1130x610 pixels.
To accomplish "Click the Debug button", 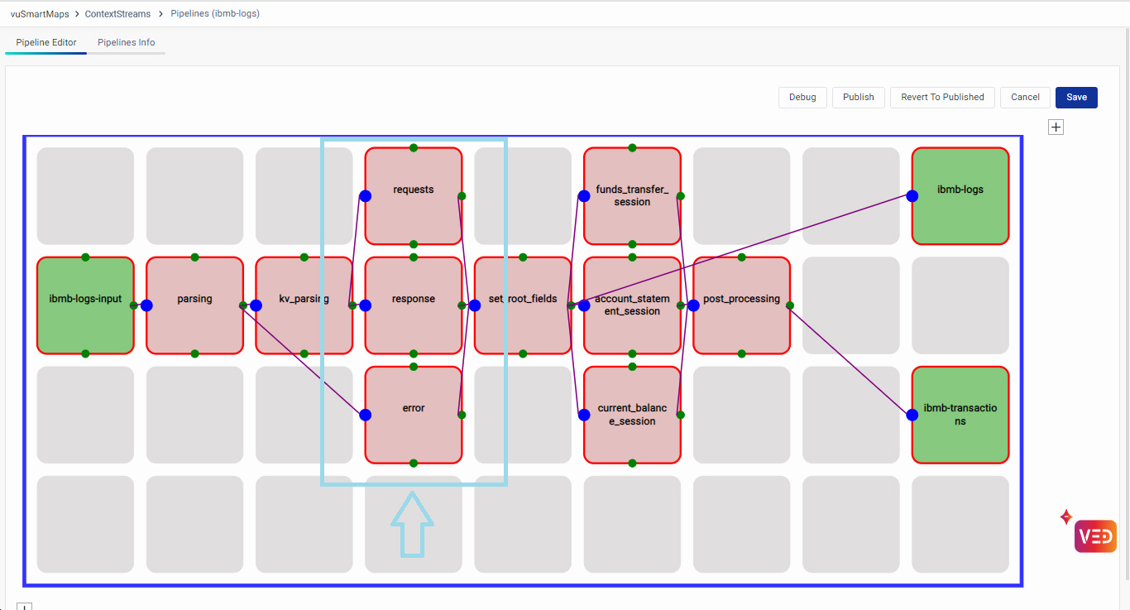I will [x=802, y=98].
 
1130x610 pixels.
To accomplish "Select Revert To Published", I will [x=942, y=98].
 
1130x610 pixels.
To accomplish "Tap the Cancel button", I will [x=1025, y=98].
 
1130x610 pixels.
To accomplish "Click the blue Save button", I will [x=1076, y=98].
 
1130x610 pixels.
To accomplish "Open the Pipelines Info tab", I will [x=126, y=43].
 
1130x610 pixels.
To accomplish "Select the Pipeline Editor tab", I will [x=46, y=43].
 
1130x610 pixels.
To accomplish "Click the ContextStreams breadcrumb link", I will [x=119, y=14].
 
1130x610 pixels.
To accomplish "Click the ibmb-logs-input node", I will [x=85, y=305].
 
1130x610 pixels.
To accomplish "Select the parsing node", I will [x=194, y=305].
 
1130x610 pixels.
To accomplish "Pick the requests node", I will [x=413, y=195].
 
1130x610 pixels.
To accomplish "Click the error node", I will [x=413, y=414].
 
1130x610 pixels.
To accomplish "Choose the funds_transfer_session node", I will [x=632, y=195].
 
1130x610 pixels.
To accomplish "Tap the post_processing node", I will [x=741, y=305].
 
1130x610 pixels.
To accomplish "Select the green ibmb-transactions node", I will [x=960, y=414].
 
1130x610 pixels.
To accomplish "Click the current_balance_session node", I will [x=632, y=414].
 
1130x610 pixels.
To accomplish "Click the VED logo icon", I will [x=1095, y=536].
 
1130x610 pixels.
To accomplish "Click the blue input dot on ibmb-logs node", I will [x=912, y=196].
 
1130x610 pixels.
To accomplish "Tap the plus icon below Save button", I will [x=1056, y=127].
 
